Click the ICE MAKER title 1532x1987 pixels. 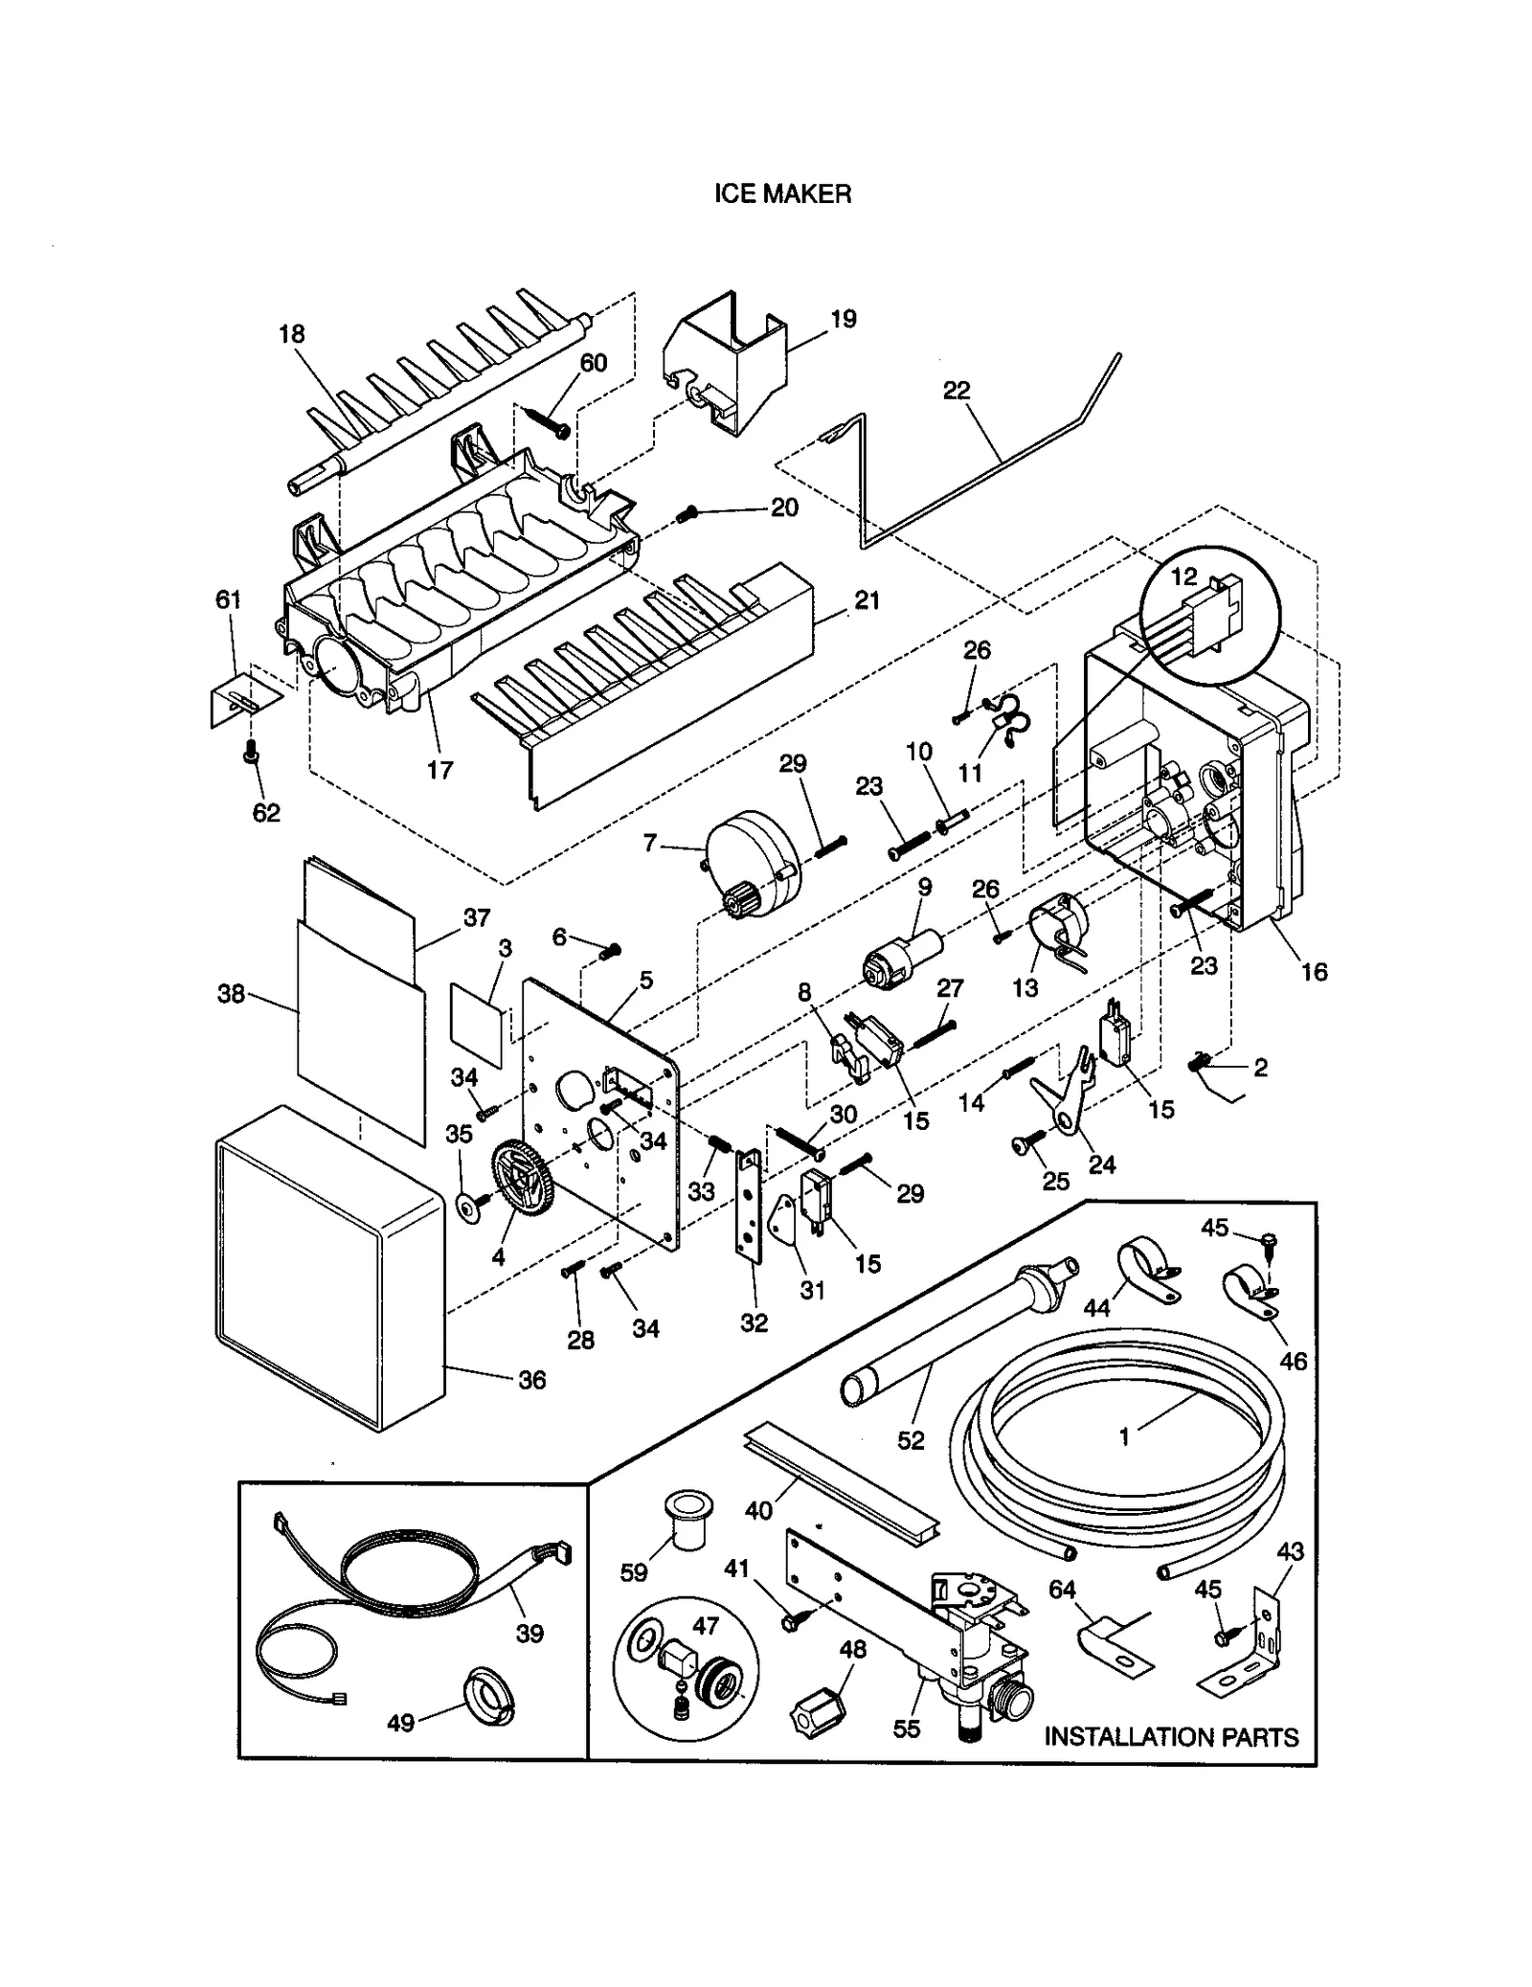pyautogui.click(x=782, y=194)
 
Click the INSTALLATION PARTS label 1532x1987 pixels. pyautogui.click(x=1170, y=1736)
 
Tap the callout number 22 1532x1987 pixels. pyautogui.click(x=956, y=391)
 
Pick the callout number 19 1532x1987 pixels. pyautogui.click(x=843, y=319)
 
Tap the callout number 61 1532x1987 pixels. pyautogui.click(x=228, y=599)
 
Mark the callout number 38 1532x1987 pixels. pyautogui.click(x=232, y=994)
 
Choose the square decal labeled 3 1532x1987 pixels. pyautogui.click(x=477, y=1023)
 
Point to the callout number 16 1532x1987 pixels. pyautogui.click(x=1314, y=972)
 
